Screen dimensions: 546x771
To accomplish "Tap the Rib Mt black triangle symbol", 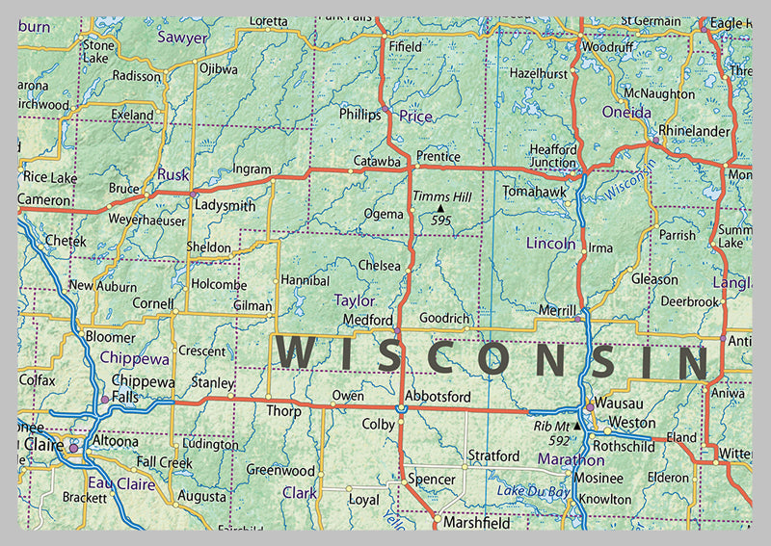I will point(577,426).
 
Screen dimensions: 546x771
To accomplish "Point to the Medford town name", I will point(367,320).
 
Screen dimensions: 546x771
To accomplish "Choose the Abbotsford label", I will point(438,396).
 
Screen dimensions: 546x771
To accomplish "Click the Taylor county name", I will point(354,300).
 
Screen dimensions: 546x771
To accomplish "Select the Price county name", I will point(415,116).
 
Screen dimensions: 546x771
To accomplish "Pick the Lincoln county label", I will point(550,244).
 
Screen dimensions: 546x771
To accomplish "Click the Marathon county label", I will point(571,460).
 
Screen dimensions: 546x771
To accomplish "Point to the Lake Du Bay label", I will point(532,491).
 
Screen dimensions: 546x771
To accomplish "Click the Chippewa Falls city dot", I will point(104,399).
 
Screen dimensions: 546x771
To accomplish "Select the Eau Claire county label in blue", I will point(121,483).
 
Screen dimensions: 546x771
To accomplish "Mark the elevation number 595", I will point(441,221).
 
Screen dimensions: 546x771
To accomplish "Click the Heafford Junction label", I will point(552,156).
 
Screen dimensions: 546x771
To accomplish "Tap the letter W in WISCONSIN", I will point(295,353).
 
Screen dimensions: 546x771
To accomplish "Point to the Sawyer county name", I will point(182,38).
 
